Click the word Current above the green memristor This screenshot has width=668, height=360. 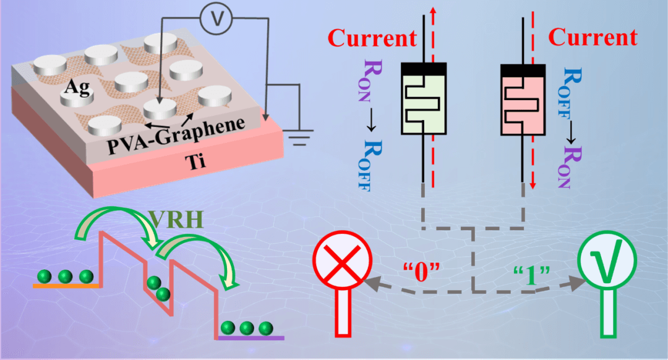click(x=372, y=38)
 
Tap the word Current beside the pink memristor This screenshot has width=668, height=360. click(x=593, y=38)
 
